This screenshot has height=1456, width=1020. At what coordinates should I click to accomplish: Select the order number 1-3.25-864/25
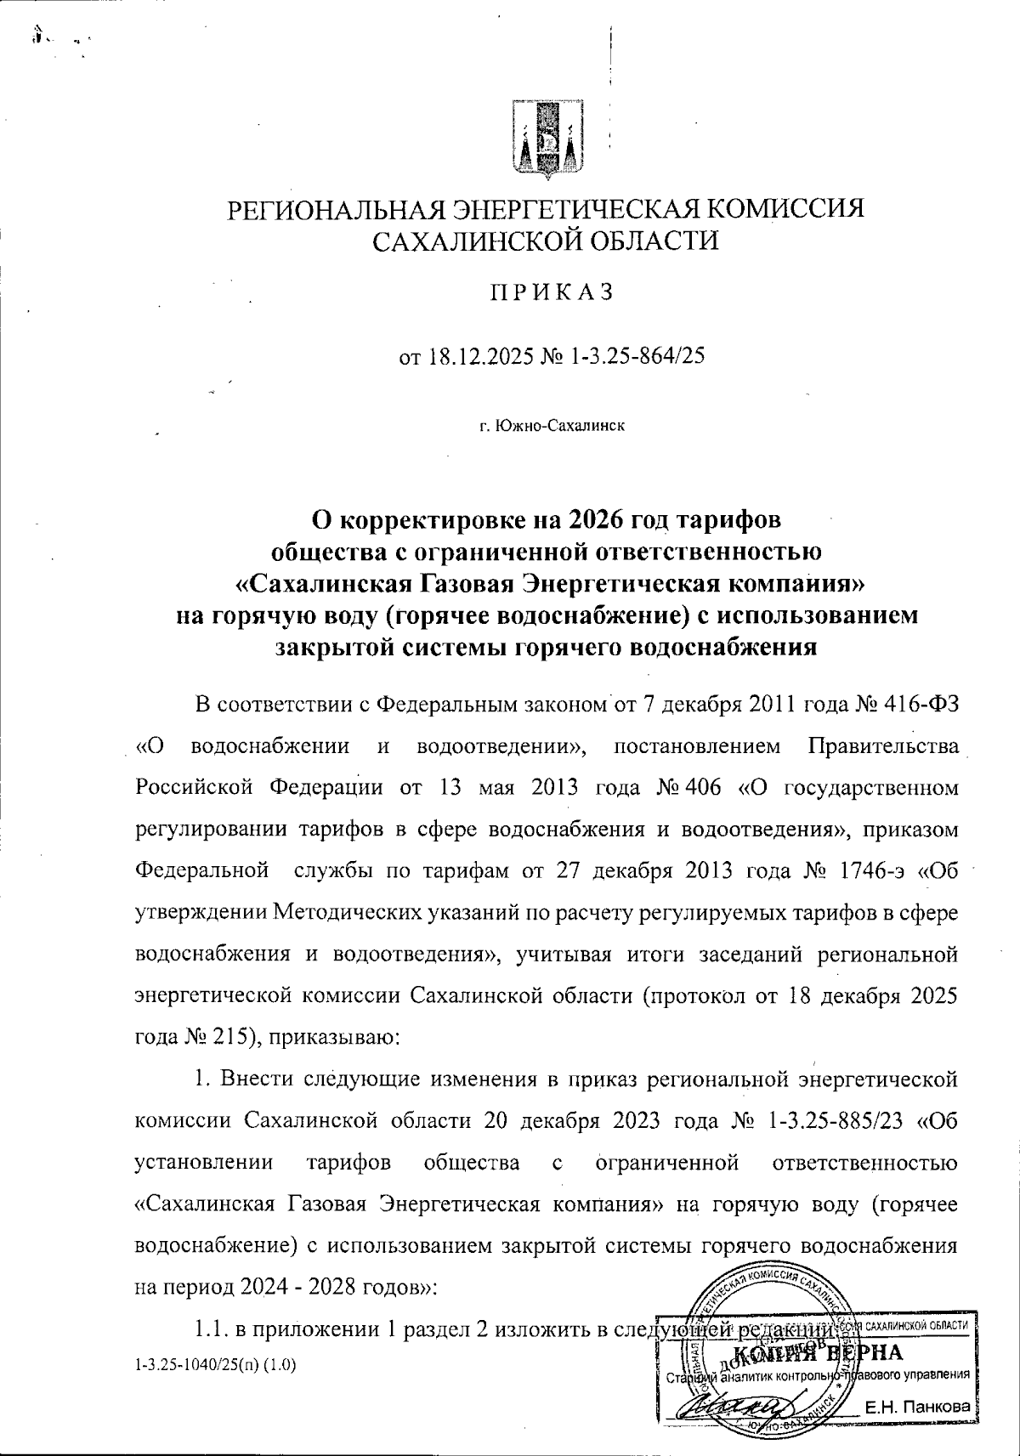pyautogui.click(x=631, y=356)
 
